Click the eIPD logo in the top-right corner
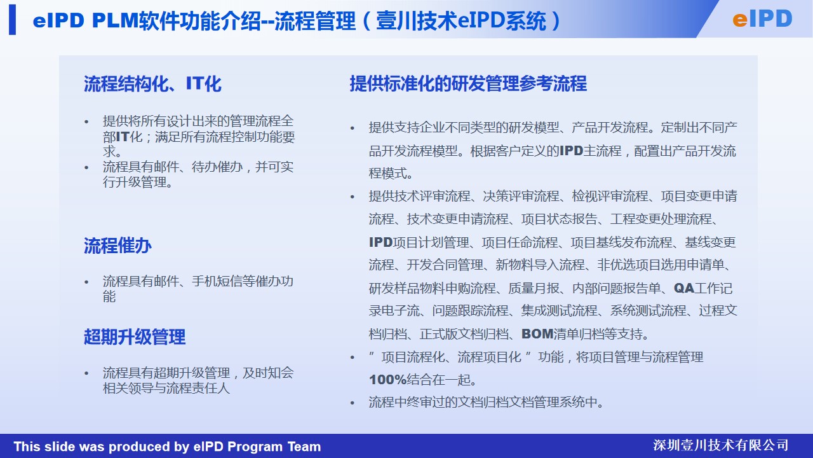(x=762, y=19)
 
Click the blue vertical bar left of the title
(x=12, y=20)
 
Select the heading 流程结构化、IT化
(x=152, y=84)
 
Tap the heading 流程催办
(x=118, y=246)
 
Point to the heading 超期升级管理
(x=135, y=337)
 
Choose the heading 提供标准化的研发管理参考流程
(x=468, y=83)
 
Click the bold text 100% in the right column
(x=387, y=380)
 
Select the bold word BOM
(x=537, y=334)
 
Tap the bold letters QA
(x=684, y=288)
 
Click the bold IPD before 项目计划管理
(x=380, y=242)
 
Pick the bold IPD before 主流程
(x=571, y=151)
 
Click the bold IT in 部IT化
(x=123, y=137)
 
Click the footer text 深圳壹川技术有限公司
(x=720, y=445)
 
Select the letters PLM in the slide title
(x=116, y=20)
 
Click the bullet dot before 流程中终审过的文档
(x=352, y=403)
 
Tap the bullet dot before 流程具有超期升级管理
(x=86, y=373)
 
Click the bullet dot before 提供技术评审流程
(x=352, y=197)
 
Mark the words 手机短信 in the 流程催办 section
(x=217, y=281)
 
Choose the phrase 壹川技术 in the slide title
(x=416, y=21)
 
